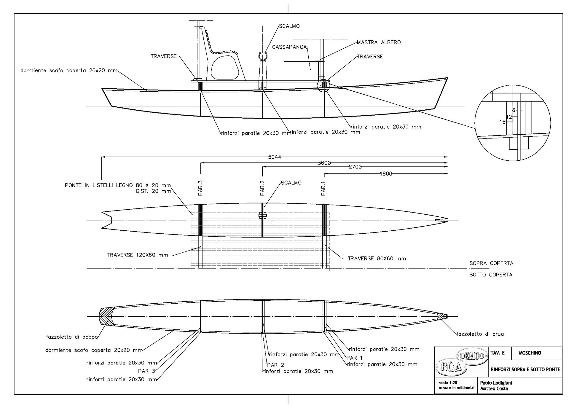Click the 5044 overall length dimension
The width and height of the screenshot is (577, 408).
pos(274,157)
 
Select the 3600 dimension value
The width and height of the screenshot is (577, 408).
pos(324,163)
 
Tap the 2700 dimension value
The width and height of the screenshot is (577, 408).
pos(355,167)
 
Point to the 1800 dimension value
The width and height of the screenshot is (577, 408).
pos(386,174)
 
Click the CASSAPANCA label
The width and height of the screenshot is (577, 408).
pos(289,47)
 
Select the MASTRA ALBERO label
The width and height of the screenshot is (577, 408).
pos(379,42)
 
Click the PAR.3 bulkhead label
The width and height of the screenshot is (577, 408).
pos(200,188)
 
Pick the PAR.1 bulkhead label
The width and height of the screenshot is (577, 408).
pos(323,189)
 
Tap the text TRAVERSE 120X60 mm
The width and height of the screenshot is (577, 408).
pos(138,255)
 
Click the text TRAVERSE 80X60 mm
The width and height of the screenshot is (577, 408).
pos(377,259)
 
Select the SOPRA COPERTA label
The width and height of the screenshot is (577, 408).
pos(491,263)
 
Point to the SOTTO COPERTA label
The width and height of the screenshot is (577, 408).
pos(491,275)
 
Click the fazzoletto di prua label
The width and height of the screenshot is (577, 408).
pos(480,334)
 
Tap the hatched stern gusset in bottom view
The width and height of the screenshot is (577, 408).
pos(106,316)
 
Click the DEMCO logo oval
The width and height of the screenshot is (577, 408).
pos(472,356)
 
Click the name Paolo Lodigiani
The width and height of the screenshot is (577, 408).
pos(496,383)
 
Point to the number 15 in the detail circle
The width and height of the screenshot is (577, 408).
pos(502,122)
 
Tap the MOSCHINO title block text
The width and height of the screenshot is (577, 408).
pos(530,353)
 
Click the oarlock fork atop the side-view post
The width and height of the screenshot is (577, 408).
pos(263,55)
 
